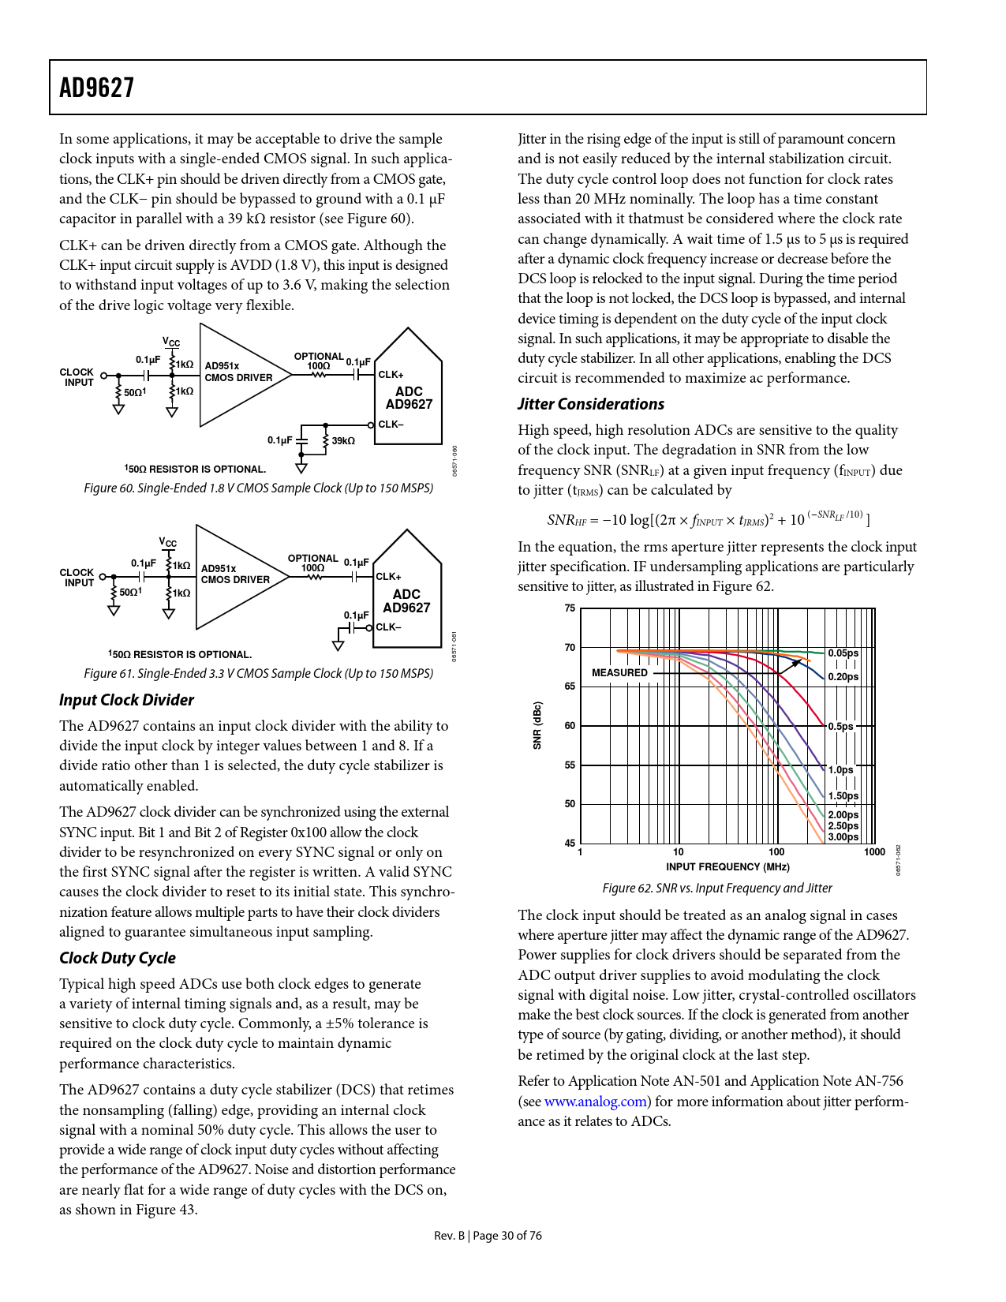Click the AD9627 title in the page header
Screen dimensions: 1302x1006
pyautogui.click(x=97, y=88)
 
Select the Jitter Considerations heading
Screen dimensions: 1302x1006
pyautogui.click(x=591, y=404)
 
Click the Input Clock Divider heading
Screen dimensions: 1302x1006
pyautogui.click(x=126, y=700)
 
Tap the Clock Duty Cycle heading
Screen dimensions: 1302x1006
pyautogui.click(x=118, y=958)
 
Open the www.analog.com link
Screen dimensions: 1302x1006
pyautogui.click(x=596, y=1102)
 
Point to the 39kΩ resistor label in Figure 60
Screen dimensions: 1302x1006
pyautogui.click(x=343, y=441)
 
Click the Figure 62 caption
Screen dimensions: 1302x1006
pyautogui.click(x=716, y=888)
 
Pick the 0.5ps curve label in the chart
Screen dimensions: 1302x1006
pyautogui.click(x=840, y=727)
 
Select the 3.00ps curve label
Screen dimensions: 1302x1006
pyautogui.click(x=843, y=837)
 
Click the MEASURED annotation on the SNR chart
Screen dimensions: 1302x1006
pyautogui.click(x=619, y=673)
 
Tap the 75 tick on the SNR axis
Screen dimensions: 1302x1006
pyautogui.click(x=570, y=608)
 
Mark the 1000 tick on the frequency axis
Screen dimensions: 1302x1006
pyautogui.click(x=874, y=852)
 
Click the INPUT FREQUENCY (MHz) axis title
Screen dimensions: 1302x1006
pyautogui.click(x=727, y=867)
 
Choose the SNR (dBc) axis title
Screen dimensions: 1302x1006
pyautogui.click(x=537, y=725)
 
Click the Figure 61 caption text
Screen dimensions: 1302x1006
pyautogui.click(x=259, y=673)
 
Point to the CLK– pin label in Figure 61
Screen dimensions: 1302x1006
pyautogui.click(x=388, y=627)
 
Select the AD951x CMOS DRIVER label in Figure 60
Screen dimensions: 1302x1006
pyautogui.click(x=238, y=372)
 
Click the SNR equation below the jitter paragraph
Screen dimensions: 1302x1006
pyautogui.click(x=708, y=518)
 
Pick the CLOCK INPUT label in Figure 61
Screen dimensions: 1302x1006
pyautogui.click(x=77, y=578)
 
